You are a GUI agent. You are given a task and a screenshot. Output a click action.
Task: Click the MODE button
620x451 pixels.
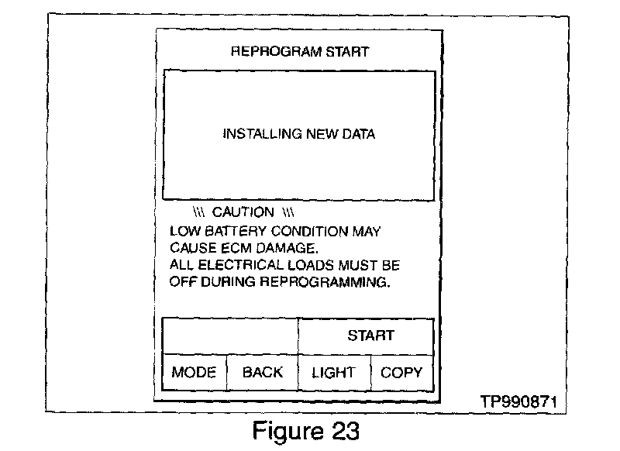pos(194,372)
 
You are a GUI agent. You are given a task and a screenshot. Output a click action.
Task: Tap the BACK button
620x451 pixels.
pos(263,372)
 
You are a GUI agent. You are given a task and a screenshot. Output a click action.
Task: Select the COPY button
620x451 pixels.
pos(401,372)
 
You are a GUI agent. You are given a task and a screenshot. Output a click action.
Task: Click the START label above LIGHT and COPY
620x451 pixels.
pos(370,336)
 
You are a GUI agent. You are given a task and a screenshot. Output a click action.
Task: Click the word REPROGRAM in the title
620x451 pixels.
pos(266,52)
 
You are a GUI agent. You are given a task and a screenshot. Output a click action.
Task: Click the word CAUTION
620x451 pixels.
pos(243,212)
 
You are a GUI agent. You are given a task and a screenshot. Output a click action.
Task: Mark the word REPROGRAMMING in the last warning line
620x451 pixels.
pos(326,282)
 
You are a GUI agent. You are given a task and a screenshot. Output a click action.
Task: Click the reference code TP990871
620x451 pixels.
pos(517,404)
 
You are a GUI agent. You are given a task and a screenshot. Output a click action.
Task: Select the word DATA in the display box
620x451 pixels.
pos(356,134)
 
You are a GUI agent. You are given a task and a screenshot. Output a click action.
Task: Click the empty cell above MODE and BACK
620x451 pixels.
pos(229,336)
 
